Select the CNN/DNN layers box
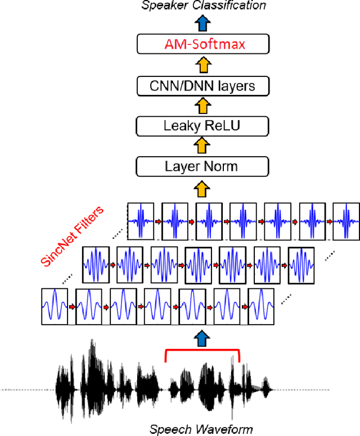[x=201, y=85]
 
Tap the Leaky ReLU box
[x=201, y=126]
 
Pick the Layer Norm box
[x=201, y=166]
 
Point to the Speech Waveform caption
[x=201, y=430]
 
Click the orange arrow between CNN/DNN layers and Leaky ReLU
[x=201, y=106]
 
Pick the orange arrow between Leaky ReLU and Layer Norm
[x=201, y=146]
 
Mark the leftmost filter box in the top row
[x=141, y=221]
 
